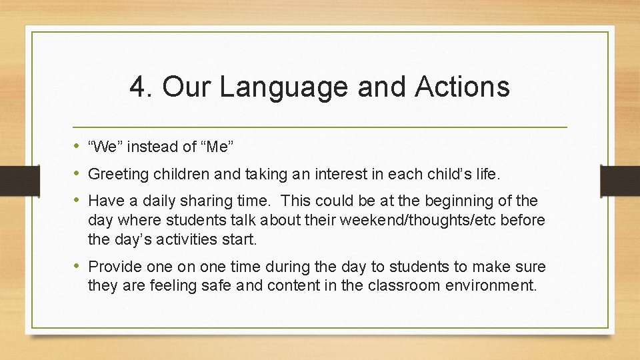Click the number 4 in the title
[x=137, y=87]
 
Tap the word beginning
[x=463, y=201]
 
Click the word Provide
[x=115, y=267]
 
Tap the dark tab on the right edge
[x=619, y=180]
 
